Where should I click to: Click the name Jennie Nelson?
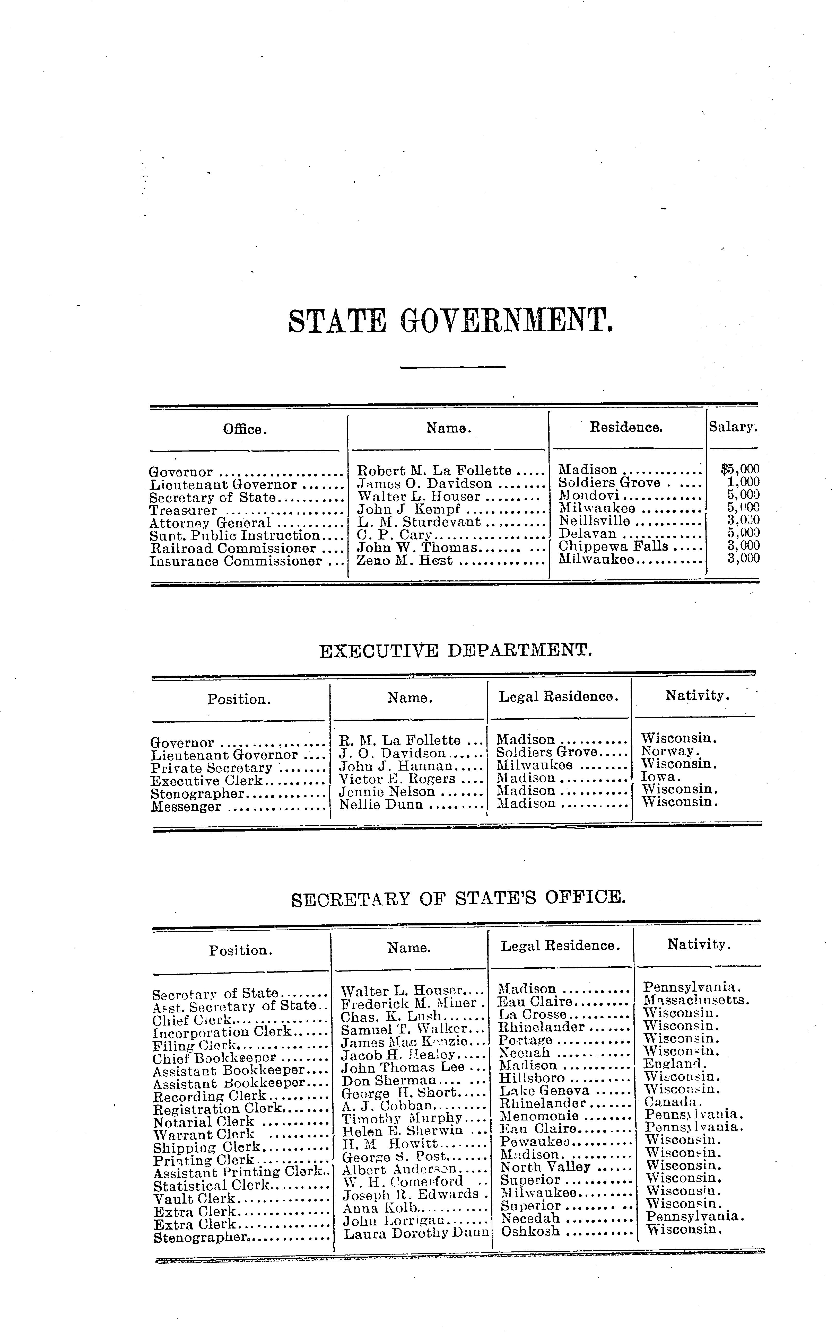(x=387, y=791)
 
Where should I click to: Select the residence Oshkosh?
(x=530, y=1231)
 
